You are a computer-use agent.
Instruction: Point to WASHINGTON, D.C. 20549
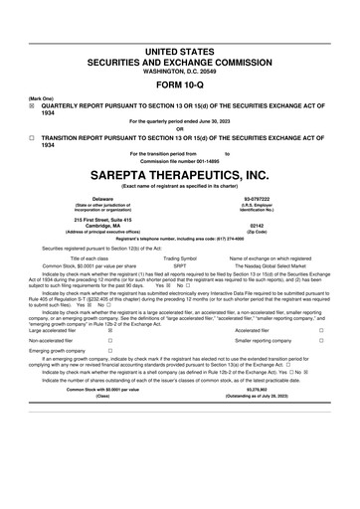pyautogui.click(x=179, y=45)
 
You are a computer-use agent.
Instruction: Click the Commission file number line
pyautogui.click(x=179, y=161)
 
